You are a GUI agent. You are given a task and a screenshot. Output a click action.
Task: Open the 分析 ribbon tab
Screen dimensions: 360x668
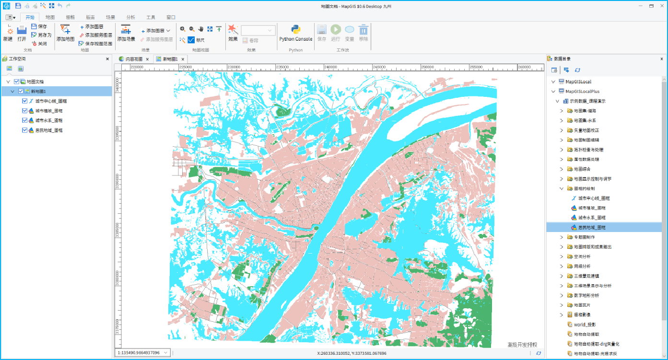130,17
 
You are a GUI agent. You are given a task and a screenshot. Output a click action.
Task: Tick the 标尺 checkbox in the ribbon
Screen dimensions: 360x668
191,40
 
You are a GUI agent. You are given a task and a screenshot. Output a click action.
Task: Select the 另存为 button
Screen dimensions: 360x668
41,35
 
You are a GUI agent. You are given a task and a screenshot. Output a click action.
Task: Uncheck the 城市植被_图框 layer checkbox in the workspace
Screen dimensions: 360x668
25,111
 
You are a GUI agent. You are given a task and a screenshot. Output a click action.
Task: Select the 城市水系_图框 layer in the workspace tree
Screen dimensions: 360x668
49,120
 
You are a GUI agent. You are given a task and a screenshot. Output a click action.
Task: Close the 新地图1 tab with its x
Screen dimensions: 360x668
182,59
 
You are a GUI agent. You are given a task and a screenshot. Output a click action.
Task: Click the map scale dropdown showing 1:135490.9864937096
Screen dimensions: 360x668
143,353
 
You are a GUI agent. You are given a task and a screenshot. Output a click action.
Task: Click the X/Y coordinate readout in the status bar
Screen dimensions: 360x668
352,353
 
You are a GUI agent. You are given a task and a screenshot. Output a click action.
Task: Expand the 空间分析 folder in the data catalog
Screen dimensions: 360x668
562,256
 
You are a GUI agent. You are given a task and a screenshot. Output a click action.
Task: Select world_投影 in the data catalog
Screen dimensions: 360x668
585,325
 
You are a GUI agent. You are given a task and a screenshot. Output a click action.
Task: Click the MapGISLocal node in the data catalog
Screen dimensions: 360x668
578,81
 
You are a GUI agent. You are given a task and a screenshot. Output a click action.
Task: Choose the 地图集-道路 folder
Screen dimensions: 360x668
585,111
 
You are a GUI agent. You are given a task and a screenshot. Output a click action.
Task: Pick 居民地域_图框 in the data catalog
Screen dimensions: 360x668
591,227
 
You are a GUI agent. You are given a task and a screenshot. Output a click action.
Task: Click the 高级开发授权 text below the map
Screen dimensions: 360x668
522,345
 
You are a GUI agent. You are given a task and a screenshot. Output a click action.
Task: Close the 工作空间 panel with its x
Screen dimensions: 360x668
107,59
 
